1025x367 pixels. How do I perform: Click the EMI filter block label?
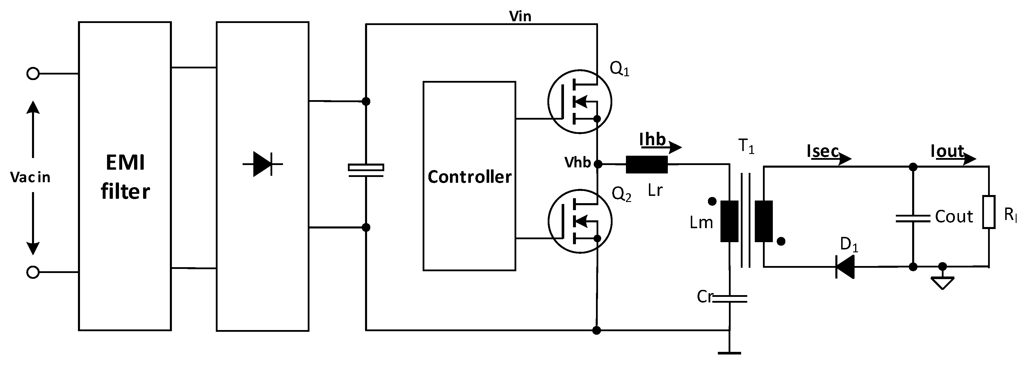click(125, 177)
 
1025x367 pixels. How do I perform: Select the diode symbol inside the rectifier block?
click(262, 164)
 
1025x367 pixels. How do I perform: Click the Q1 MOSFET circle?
click(579, 102)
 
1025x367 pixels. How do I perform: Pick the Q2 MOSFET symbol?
click(580, 221)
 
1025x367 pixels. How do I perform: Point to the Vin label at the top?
click(520, 16)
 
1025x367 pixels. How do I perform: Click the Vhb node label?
click(577, 162)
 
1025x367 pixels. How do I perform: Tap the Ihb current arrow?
click(672, 147)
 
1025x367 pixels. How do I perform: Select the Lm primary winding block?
click(729, 221)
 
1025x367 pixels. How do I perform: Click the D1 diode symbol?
click(845, 267)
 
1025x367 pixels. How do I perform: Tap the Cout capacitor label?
click(954, 217)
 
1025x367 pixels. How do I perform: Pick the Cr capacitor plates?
click(729, 299)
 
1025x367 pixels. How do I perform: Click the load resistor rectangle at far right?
click(989, 212)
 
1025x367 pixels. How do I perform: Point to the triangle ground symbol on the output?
click(942, 283)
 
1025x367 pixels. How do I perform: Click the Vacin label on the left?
click(30, 177)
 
